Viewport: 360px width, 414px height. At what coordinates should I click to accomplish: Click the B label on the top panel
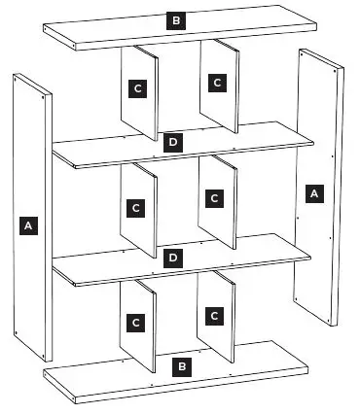(176, 20)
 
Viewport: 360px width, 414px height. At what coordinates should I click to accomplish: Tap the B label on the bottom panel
(180, 366)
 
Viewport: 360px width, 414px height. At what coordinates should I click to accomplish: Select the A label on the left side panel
(28, 225)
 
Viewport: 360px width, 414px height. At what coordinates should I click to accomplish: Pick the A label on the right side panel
(313, 193)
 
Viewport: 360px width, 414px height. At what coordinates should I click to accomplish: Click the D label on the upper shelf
(172, 142)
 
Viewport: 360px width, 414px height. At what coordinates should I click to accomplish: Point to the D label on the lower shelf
(172, 258)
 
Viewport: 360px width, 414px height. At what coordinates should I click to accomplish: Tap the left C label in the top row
(138, 87)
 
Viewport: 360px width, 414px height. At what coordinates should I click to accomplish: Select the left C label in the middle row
(136, 207)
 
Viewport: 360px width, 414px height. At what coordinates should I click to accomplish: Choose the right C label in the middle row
(215, 198)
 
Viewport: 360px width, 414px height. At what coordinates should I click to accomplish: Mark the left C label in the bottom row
(136, 322)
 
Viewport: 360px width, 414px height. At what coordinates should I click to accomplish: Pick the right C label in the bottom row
(214, 316)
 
